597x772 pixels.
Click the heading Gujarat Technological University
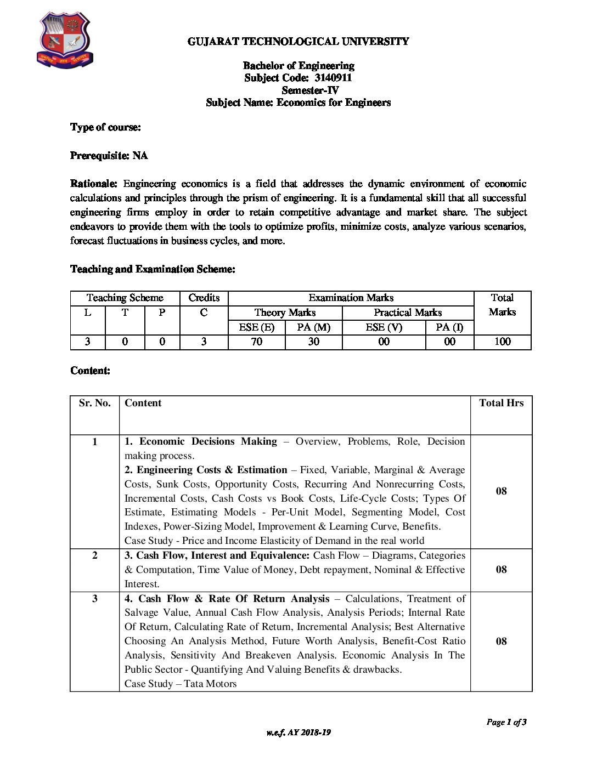(298, 41)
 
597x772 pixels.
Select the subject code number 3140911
(333, 78)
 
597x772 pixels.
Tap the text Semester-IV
(310, 90)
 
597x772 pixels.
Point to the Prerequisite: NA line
(109, 156)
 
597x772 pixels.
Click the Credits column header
(204, 298)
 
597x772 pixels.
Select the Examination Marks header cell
(351, 298)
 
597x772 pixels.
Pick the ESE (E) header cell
(256, 327)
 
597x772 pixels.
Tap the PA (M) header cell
(313, 327)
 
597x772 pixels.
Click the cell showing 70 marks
(256, 342)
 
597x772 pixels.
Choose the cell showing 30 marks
(313, 342)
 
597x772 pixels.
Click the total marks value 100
(502, 342)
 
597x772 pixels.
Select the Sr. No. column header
(94, 403)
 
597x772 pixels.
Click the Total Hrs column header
(501, 403)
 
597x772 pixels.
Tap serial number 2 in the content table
(94, 555)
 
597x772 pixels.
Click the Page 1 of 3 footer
(506, 722)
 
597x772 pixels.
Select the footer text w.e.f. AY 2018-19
(298, 733)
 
